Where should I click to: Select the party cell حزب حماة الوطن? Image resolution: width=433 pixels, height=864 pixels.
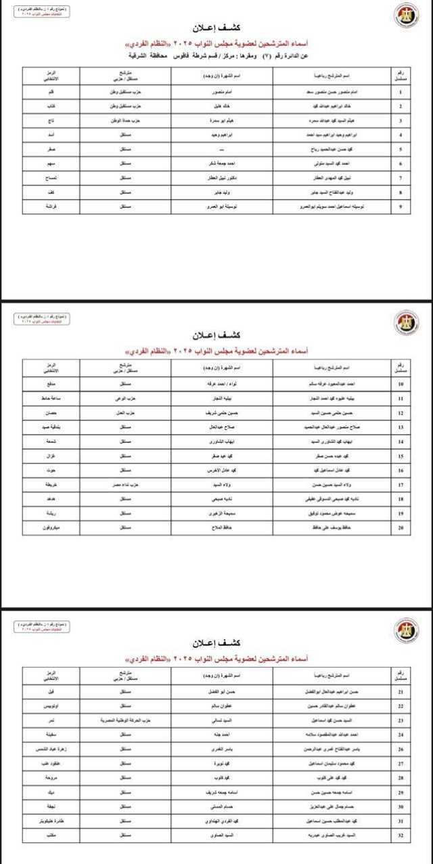pos(124,120)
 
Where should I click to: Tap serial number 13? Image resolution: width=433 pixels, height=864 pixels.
pos(400,427)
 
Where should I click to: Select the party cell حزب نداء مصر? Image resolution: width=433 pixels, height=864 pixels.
pos(124,485)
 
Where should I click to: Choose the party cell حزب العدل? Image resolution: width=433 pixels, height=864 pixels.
pos(124,412)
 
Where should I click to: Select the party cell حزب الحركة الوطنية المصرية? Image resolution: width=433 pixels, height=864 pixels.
pos(124,720)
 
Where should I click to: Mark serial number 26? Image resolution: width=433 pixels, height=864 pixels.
pos(400,749)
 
